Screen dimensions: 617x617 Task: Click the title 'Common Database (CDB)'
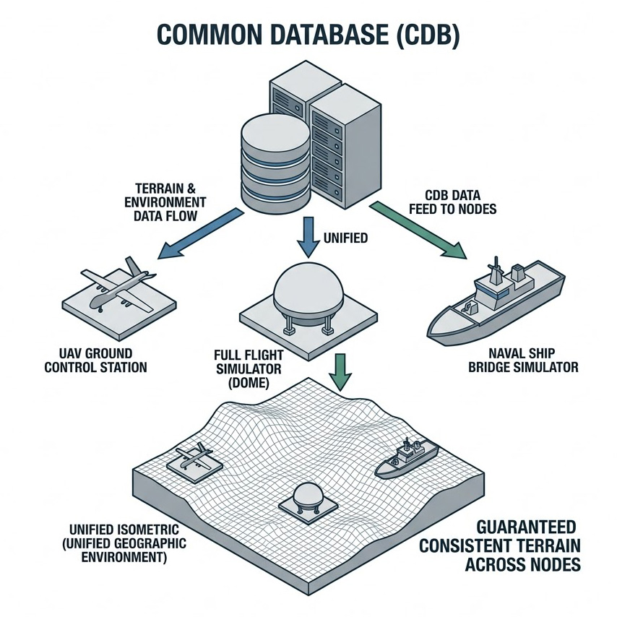tap(308, 36)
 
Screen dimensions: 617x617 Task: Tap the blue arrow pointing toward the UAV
tap(198, 232)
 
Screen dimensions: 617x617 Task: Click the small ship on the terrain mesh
tap(407, 459)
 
